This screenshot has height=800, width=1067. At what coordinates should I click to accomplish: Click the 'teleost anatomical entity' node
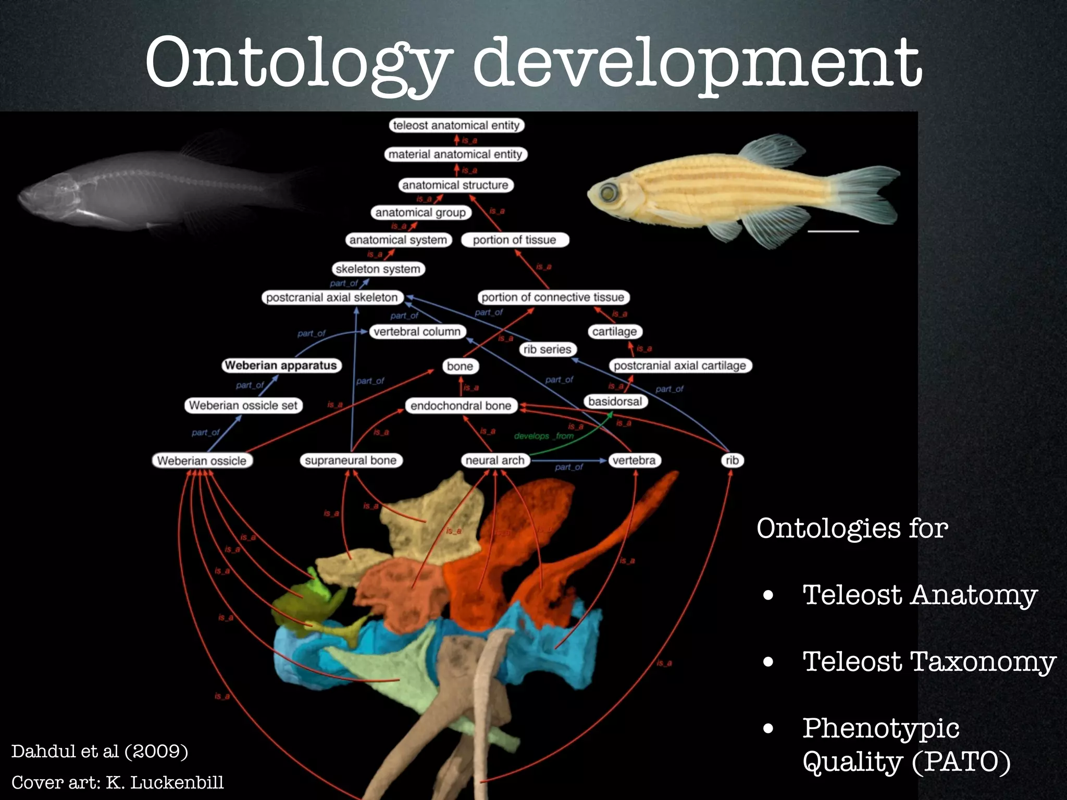(x=456, y=126)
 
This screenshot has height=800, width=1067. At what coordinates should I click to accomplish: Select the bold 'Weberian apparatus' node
(x=281, y=366)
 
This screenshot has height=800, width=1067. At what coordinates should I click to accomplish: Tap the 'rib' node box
(x=731, y=460)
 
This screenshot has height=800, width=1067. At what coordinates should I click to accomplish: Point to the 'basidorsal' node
(x=615, y=402)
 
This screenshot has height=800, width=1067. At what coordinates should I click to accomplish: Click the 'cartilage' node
(x=614, y=332)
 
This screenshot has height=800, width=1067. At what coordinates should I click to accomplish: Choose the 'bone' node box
(x=460, y=366)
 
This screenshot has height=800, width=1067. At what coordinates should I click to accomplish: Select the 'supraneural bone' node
(x=351, y=460)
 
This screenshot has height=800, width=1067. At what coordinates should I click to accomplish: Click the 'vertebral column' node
(x=417, y=332)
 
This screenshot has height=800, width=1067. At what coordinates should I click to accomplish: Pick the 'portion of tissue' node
(x=514, y=240)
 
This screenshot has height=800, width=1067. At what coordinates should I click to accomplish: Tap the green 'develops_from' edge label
(x=543, y=436)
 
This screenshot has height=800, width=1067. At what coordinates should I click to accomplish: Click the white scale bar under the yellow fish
(x=833, y=231)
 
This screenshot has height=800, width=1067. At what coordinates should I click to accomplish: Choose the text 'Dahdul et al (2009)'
(x=100, y=752)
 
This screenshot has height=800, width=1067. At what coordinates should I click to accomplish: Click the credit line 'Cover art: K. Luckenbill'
(x=118, y=783)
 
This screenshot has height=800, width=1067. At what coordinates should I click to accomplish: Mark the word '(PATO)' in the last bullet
(x=961, y=762)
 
